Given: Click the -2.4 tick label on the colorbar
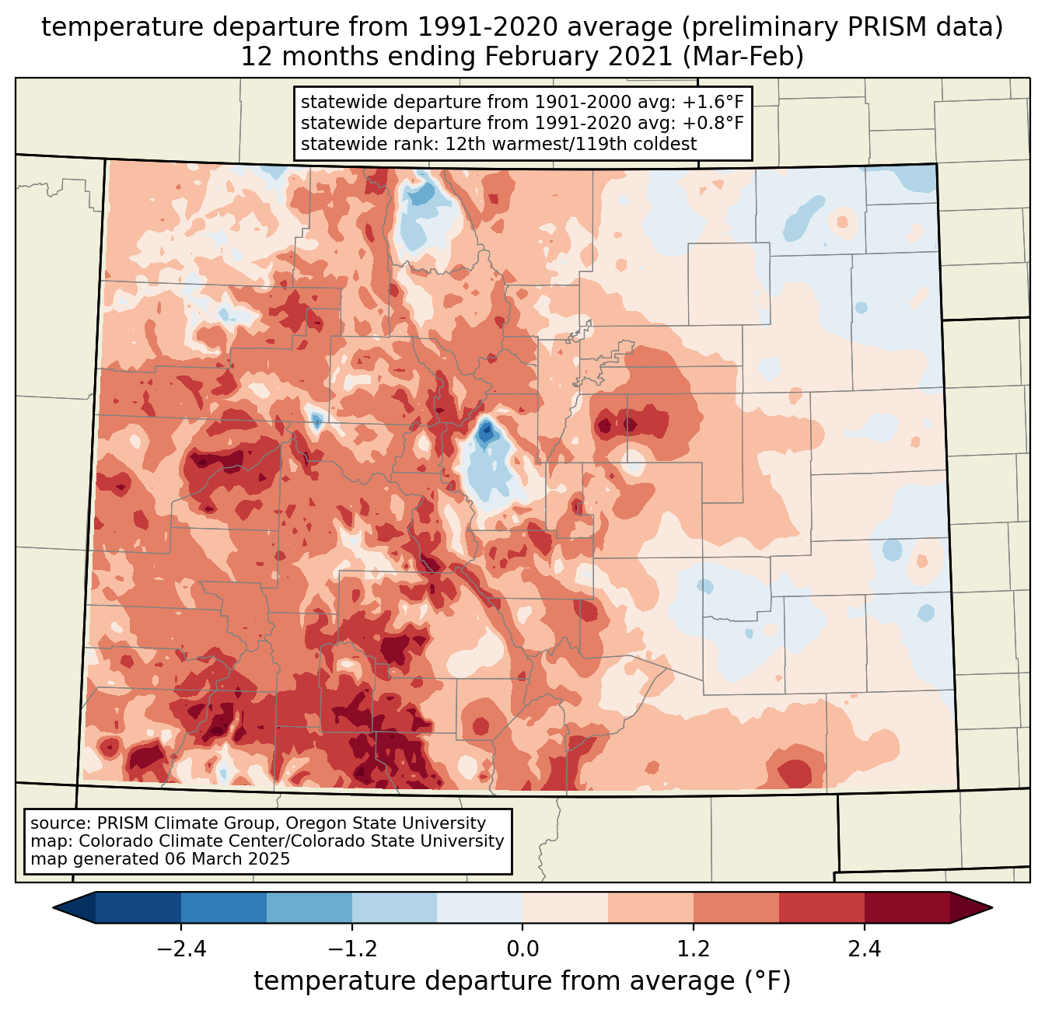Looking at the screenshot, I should tap(180, 949).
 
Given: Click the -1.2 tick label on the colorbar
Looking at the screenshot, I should tap(351, 949).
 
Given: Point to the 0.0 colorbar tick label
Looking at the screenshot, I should tap(522, 949).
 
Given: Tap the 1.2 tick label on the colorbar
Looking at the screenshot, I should tap(694, 949).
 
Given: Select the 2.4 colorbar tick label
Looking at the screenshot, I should tap(865, 949).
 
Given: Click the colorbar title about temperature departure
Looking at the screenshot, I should tap(522, 981).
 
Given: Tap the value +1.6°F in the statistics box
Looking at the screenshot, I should tap(712, 103).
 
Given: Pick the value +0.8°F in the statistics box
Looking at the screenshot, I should tap(712, 123).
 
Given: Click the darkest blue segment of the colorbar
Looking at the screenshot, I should tap(138, 907).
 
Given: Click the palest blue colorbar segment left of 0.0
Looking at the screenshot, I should tap(480, 907).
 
